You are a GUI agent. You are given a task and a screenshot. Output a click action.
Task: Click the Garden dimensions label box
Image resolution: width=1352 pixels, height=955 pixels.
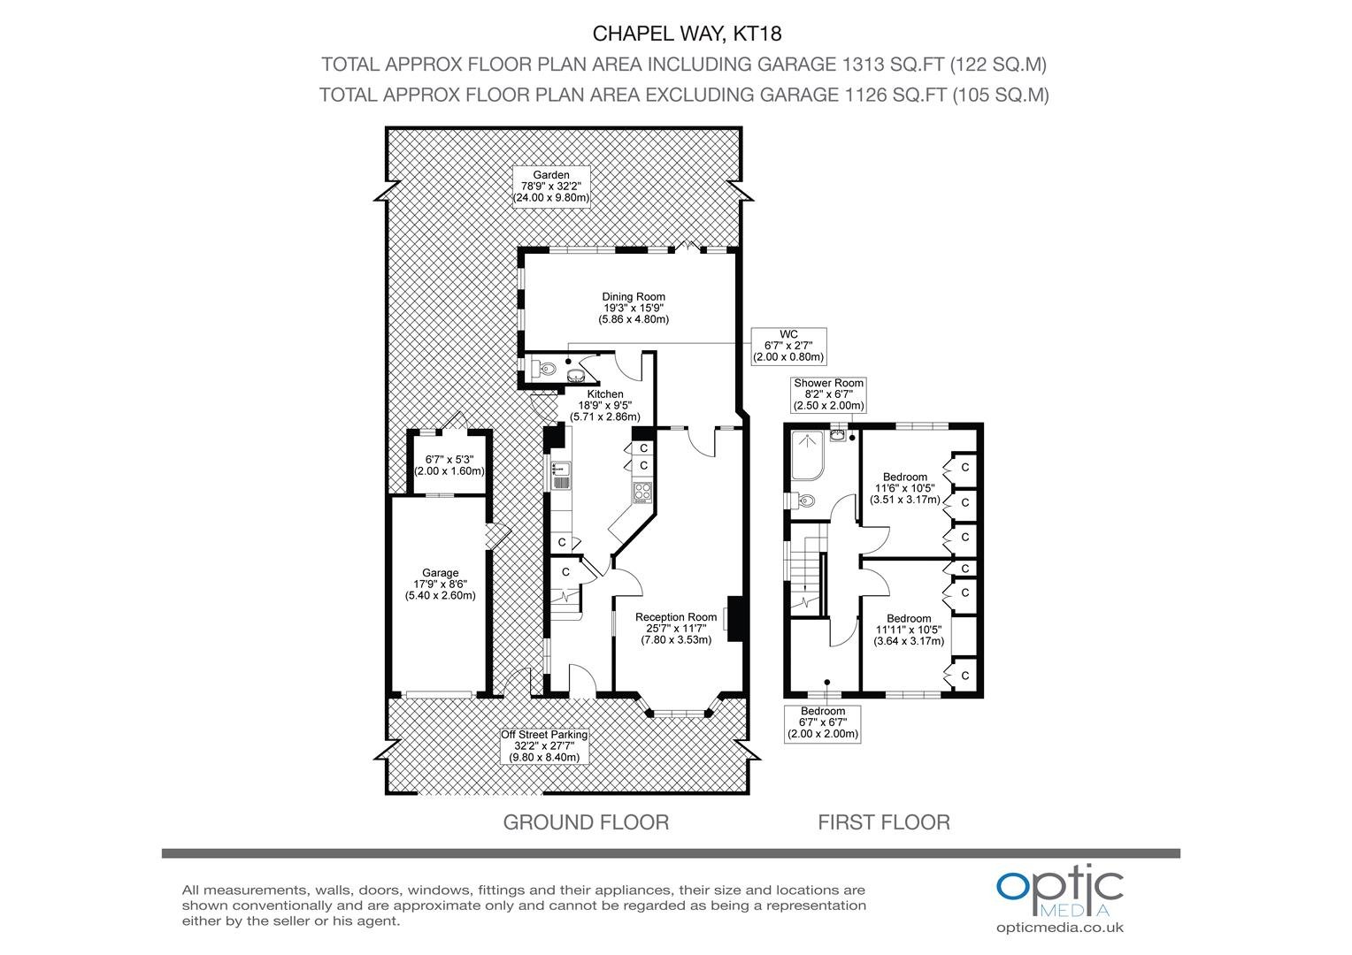point(551,187)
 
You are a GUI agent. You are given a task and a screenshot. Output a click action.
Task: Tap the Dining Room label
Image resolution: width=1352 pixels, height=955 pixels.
point(634,308)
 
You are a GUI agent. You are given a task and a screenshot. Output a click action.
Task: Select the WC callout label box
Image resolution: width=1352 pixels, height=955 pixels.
point(788,346)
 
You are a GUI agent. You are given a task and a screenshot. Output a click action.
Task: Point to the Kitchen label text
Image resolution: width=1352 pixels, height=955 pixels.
point(605,405)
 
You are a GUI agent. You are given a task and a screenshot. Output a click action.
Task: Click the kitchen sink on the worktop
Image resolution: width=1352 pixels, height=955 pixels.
point(560,476)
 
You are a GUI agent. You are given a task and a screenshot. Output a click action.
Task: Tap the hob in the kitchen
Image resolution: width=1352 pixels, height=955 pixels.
point(642,493)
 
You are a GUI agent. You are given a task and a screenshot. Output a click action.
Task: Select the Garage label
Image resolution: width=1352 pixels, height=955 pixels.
point(440,584)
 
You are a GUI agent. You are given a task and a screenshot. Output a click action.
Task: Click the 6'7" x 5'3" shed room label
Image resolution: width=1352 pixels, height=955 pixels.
point(449,465)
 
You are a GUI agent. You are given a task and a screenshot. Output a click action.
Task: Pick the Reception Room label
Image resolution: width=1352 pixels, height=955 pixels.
point(676,628)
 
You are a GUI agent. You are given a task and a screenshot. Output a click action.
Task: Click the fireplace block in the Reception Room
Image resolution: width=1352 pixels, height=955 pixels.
point(736,619)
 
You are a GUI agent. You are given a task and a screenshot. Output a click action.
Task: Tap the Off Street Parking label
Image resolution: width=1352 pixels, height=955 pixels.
point(544,745)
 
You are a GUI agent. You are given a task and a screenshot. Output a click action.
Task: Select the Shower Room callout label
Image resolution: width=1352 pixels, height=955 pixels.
point(828,394)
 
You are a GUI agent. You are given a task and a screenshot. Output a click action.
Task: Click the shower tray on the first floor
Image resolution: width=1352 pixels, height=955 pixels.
point(808,455)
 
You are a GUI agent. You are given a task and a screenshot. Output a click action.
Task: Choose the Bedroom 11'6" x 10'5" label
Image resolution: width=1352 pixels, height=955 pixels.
point(905,488)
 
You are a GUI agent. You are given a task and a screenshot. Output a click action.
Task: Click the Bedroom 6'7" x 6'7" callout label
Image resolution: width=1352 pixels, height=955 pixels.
point(822,722)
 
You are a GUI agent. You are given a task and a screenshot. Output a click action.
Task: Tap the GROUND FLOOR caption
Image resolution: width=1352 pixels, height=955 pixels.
point(586,822)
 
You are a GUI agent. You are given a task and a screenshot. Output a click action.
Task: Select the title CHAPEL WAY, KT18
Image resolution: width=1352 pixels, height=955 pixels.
point(687,34)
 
